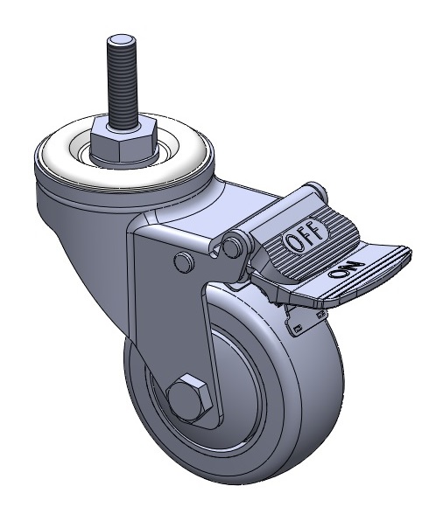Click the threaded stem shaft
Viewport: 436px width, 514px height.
pos(122,82)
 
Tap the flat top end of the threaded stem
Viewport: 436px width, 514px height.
pos(122,40)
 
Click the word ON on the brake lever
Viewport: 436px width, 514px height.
pos(347,269)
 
